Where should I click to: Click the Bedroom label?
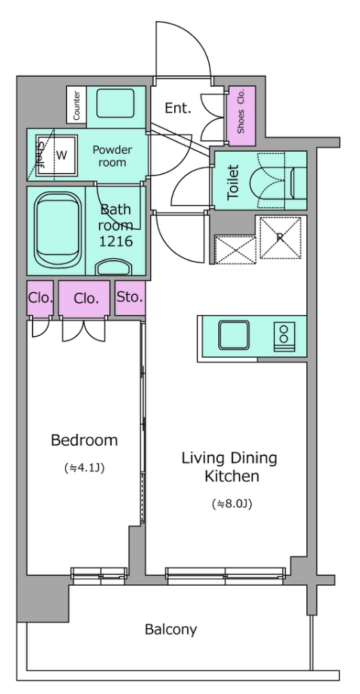coord(84,441)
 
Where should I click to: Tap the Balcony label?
coord(171,630)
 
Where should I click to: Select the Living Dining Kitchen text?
coord(229,467)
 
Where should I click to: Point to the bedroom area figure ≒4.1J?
coord(84,468)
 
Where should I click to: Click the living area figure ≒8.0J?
coord(232,504)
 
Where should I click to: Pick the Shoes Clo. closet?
coord(241,115)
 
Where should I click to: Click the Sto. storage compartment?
coord(130,298)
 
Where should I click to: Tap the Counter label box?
coord(76,105)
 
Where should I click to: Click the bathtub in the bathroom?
coord(58,230)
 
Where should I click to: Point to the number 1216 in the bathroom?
coord(116,242)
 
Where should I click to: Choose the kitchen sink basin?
coord(234,335)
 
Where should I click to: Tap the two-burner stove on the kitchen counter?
coord(284,335)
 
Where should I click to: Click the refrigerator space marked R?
coord(280,237)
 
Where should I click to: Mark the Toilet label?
coord(233,182)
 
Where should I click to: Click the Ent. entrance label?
coord(178,108)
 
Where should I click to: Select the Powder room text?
coord(112,156)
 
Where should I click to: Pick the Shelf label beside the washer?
coord(40,156)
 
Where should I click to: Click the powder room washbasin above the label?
coord(115,104)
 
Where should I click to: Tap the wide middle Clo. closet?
coord(85,298)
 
